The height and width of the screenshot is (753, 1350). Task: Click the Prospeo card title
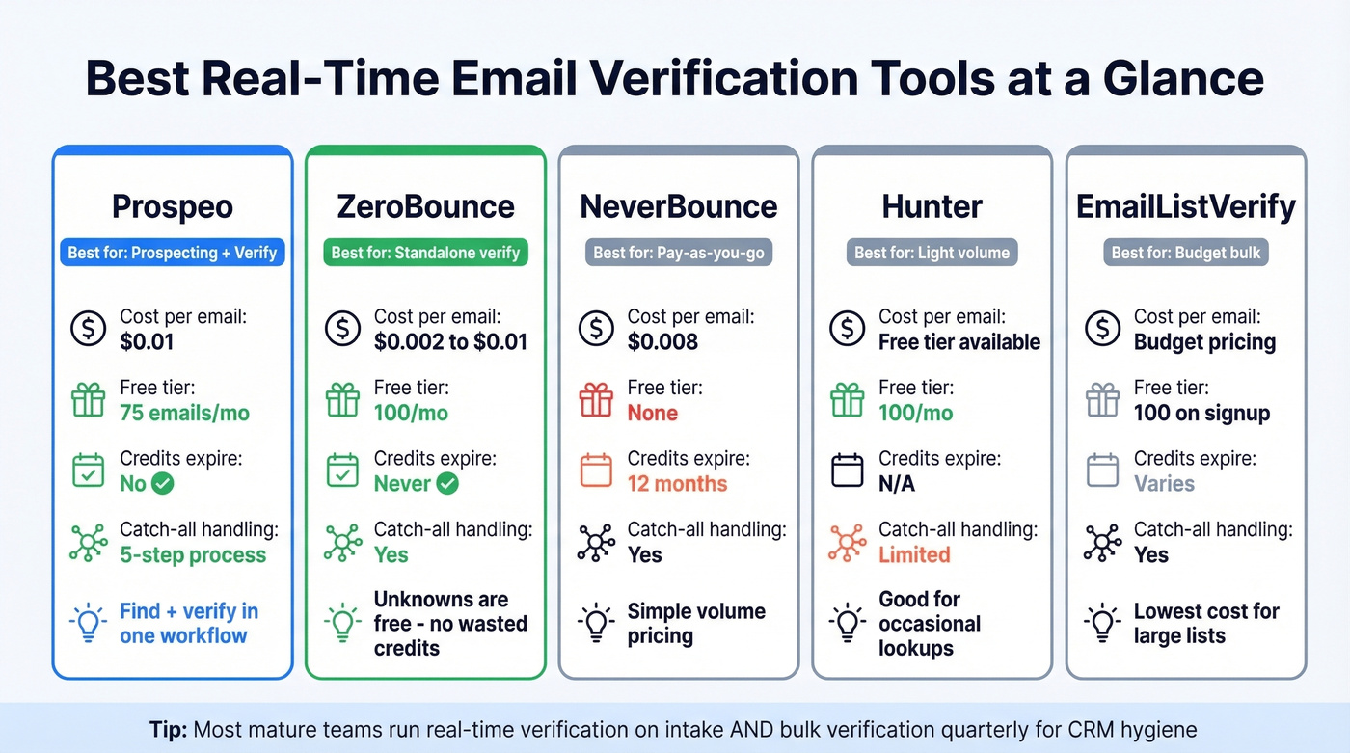pyautogui.click(x=172, y=205)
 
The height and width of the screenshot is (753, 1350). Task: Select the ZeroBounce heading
pyautogui.click(x=425, y=205)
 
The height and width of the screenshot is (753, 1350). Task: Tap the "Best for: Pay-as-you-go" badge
pyautogui.click(x=679, y=253)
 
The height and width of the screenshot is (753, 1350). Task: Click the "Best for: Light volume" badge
pyautogui.click(x=932, y=253)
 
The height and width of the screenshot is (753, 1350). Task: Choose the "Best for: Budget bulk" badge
pyautogui.click(x=1186, y=253)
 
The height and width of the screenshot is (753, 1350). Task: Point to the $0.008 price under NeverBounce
pyautogui.click(x=662, y=341)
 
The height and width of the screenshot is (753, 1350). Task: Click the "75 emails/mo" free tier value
pyautogui.click(x=184, y=413)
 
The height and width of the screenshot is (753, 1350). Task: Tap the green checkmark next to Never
pyautogui.click(x=447, y=484)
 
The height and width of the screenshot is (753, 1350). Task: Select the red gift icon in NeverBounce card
pyautogui.click(x=595, y=399)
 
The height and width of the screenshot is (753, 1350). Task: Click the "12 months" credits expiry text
pyautogui.click(x=677, y=484)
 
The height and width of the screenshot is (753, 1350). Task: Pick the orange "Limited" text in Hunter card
pyautogui.click(x=914, y=554)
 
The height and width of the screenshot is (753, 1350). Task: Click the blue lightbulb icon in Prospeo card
pyautogui.click(x=89, y=623)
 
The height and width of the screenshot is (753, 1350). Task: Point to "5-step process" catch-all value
pyautogui.click(x=193, y=554)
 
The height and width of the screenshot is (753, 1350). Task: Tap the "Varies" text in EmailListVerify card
pyautogui.click(x=1164, y=484)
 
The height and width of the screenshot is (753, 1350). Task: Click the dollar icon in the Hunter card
pyautogui.click(x=848, y=329)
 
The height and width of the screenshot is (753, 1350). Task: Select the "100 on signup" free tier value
pyautogui.click(x=1201, y=413)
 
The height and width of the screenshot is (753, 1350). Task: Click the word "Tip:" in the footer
pyautogui.click(x=169, y=729)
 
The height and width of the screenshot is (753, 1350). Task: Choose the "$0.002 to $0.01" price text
pyautogui.click(x=450, y=341)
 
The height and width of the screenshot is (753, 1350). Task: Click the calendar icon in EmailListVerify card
pyautogui.click(x=1102, y=471)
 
